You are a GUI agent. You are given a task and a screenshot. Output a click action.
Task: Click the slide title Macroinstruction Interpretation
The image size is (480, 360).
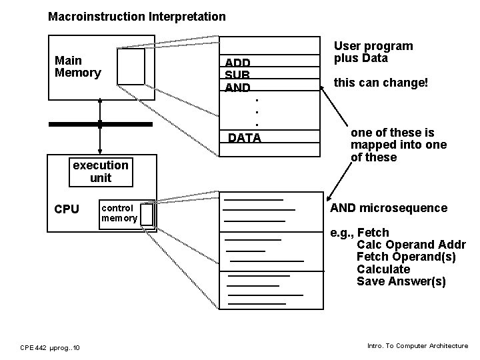tap(137, 16)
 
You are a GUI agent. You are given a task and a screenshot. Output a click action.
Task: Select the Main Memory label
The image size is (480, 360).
tap(77, 66)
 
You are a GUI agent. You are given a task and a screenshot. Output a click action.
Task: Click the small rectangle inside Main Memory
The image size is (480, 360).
tap(131, 67)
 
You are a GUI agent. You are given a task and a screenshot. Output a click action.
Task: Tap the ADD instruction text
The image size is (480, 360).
tap(238, 63)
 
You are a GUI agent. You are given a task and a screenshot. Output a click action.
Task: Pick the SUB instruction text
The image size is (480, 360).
tap(237, 75)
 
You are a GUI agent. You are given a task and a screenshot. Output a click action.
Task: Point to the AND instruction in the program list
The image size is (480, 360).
tap(238, 88)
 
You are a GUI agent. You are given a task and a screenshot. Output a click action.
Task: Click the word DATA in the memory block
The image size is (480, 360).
tap(245, 138)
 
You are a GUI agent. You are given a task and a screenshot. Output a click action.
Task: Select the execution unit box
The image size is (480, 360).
tap(101, 171)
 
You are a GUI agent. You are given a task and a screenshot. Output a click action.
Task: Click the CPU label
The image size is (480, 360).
tap(66, 209)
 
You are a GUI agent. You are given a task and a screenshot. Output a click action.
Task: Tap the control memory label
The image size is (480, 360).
tap(119, 213)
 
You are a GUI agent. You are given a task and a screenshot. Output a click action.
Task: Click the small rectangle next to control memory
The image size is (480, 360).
tap(147, 214)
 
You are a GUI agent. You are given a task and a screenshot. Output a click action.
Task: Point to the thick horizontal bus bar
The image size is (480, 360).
tap(100, 124)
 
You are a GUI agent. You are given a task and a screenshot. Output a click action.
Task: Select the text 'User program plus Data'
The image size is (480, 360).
tap(373, 52)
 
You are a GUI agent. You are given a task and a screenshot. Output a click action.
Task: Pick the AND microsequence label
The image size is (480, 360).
tap(389, 208)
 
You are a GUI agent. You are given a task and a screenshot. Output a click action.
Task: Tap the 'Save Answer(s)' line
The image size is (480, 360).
tap(401, 281)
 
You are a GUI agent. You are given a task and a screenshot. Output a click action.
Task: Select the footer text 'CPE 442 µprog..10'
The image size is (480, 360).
tap(51, 347)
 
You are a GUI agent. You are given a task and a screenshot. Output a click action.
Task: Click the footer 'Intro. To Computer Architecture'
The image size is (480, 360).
tap(417, 346)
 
